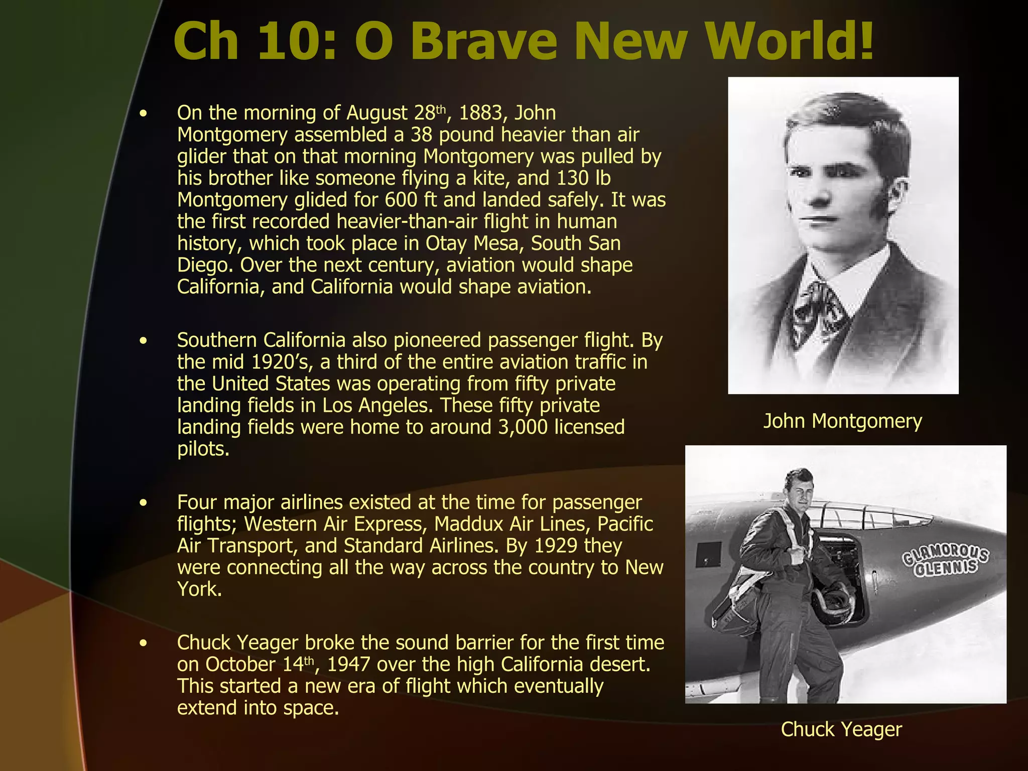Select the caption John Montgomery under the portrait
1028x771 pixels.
click(x=843, y=421)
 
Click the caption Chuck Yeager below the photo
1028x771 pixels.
click(x=841, y=729)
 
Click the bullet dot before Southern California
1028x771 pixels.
click(x=144, y=341)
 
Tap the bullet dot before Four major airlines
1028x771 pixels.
click(x=144, y=503)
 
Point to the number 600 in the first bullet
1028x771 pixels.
click(x=401, y=200)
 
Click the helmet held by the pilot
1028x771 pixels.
click(x=836, y=599)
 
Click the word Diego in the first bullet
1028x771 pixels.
click(x=205, y=266)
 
